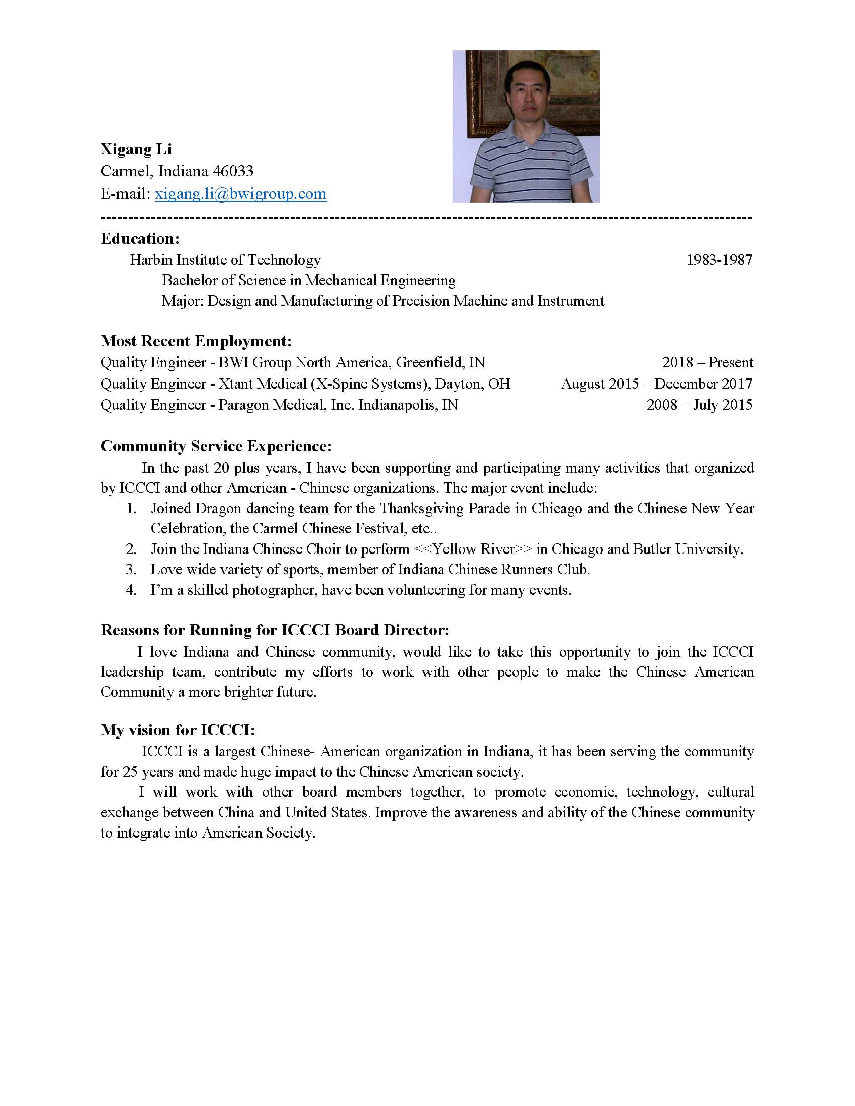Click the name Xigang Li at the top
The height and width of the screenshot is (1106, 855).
[x=136, y=149]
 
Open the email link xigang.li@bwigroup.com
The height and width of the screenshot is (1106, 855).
[x=240, y=194]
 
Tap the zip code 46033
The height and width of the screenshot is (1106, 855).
[x=233, y=171]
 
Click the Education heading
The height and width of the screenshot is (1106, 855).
[x=140, y=238]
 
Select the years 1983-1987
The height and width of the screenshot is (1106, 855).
[x=719, y=260]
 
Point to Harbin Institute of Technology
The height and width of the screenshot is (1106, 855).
[x=225, y=260]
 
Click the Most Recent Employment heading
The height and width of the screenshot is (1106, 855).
[x=196, y=341]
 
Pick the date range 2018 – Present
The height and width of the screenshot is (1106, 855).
[x=708, y=362]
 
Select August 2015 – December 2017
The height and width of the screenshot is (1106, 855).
[x=656, y=384]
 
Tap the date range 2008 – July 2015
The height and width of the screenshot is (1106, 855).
[x=699, y=405]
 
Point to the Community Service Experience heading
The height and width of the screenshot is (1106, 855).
[x=216, y=446]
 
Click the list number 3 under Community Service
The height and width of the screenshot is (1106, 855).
[x=131, y=569]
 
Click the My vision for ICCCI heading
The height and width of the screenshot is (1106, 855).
[x=177, y=730]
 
